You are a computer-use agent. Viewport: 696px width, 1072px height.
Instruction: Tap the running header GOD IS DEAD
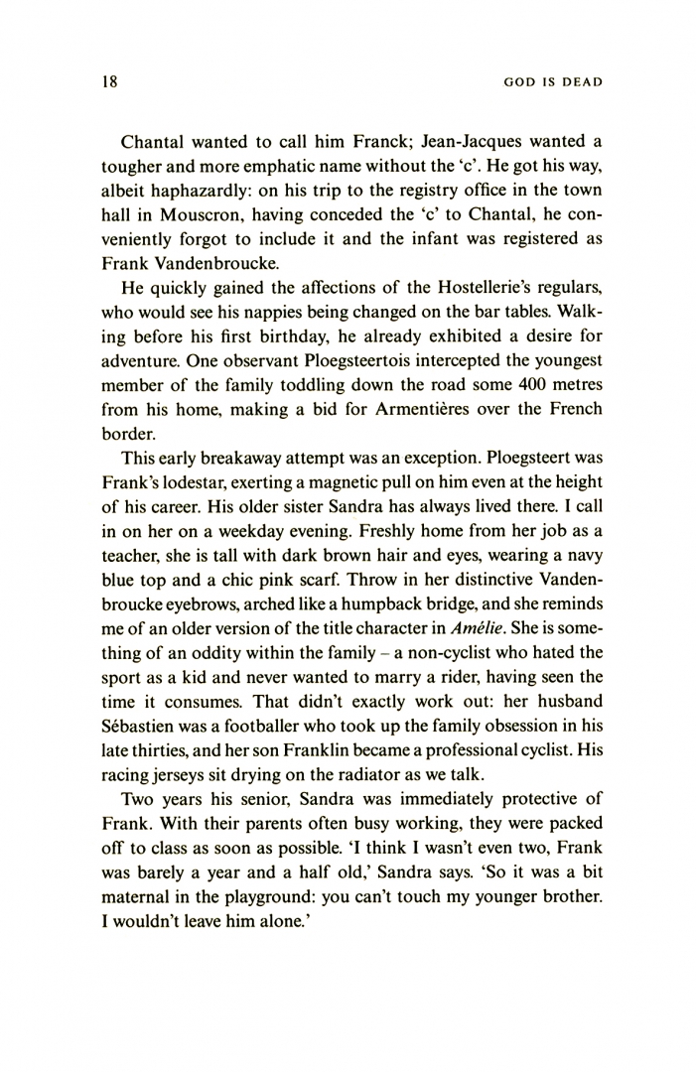tap(547, 83)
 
